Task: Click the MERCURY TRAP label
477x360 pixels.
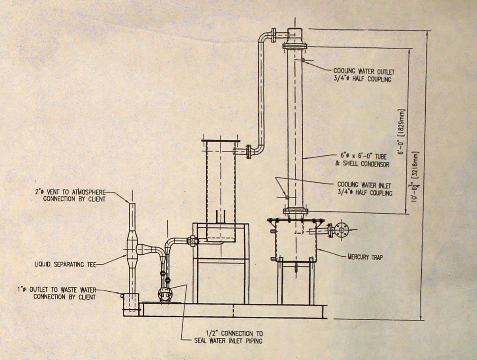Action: point(365,257)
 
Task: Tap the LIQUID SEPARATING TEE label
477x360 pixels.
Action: point(66,264)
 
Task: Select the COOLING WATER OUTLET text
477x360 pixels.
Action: point(364,71)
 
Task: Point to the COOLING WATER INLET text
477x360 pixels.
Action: point(364,185)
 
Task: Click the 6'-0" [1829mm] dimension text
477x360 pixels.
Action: point(401,132)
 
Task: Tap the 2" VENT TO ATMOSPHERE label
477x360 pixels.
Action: point(70,192)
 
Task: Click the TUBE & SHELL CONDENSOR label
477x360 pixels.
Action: point(362,160)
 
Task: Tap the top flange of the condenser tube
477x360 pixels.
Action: point(295,46)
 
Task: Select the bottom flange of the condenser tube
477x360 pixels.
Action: point(296,211)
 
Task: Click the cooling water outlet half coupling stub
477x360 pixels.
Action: point(303,60)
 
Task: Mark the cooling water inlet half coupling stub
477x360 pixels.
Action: point(287,197)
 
